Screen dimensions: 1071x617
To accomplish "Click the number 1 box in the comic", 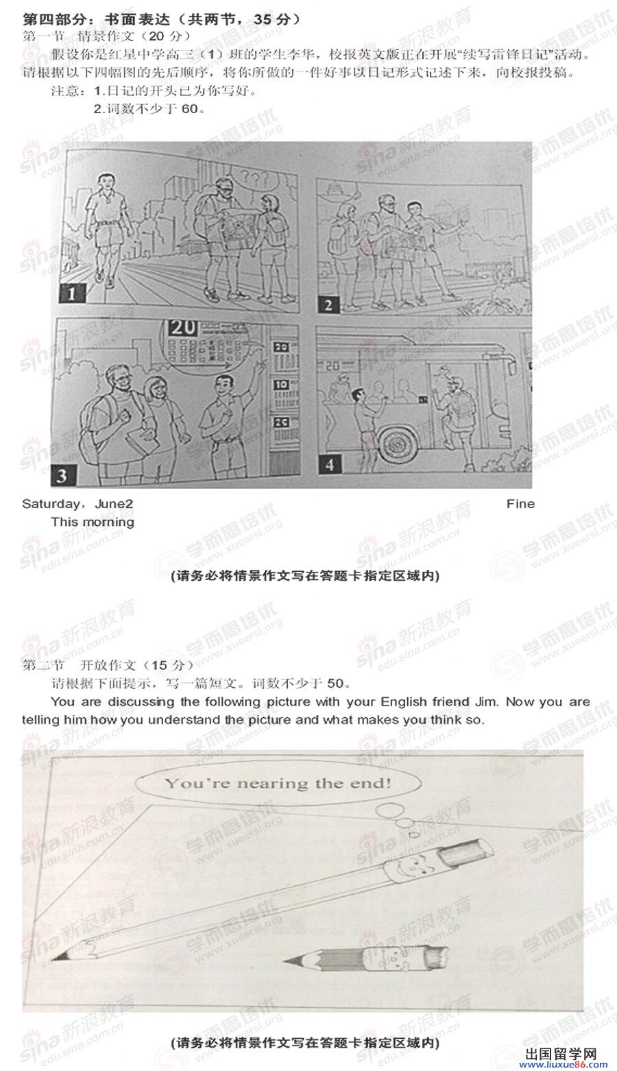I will [x=71, y=294].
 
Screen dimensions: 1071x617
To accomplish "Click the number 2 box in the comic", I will [x=328, y=304].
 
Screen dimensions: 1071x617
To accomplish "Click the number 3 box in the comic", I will [x=62, y=474].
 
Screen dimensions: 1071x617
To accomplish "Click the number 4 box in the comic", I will [x=330, y=464].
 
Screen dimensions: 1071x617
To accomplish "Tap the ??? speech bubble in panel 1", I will [x=254, y=183].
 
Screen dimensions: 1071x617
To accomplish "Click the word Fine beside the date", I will [x=520, y=504].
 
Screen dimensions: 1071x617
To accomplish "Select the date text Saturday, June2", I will [x=77, y=504].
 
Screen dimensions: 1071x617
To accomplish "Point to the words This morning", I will [x=93, y=522].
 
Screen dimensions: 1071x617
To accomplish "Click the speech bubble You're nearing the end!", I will [x=277, y=782].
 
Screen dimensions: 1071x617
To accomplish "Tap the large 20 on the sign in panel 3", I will [x=185, y=328].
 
